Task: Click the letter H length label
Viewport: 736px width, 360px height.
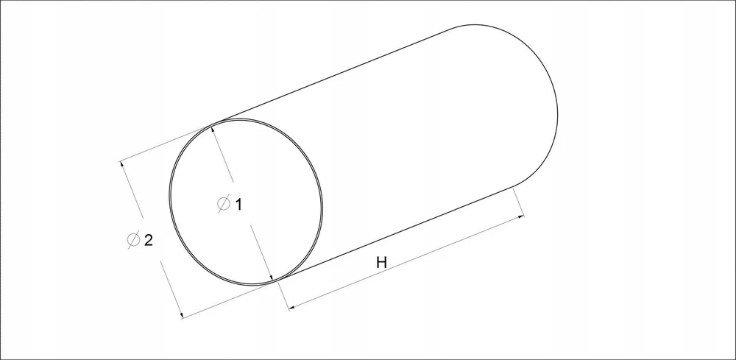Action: (381, 262)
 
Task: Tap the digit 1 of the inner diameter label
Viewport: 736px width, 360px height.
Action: (238, 205)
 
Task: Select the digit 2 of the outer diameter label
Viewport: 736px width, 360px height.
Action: (149, 240)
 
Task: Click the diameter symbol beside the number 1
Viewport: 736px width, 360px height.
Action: (224, 203)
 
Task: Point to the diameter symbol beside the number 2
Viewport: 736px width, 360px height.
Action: (134, 239)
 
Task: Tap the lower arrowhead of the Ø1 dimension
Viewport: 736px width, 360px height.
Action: (271, 278)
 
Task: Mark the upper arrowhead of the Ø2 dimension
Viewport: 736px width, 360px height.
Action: (121, 165)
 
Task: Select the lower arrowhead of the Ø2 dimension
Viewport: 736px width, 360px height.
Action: (181, 314)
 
